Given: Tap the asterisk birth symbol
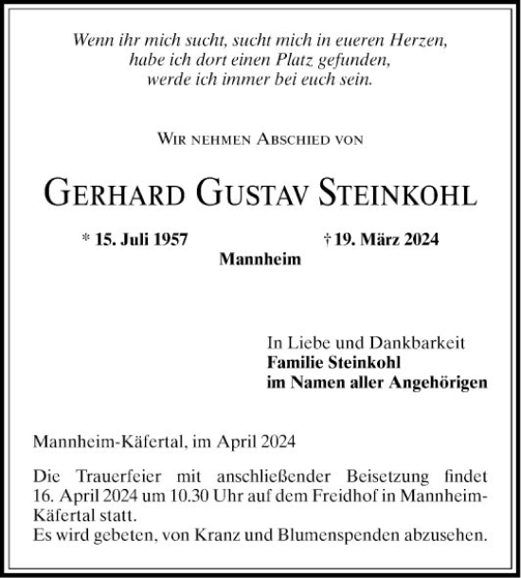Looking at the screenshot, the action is [x=86, y=240].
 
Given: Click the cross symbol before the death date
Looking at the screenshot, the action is [x=326, y=241].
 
